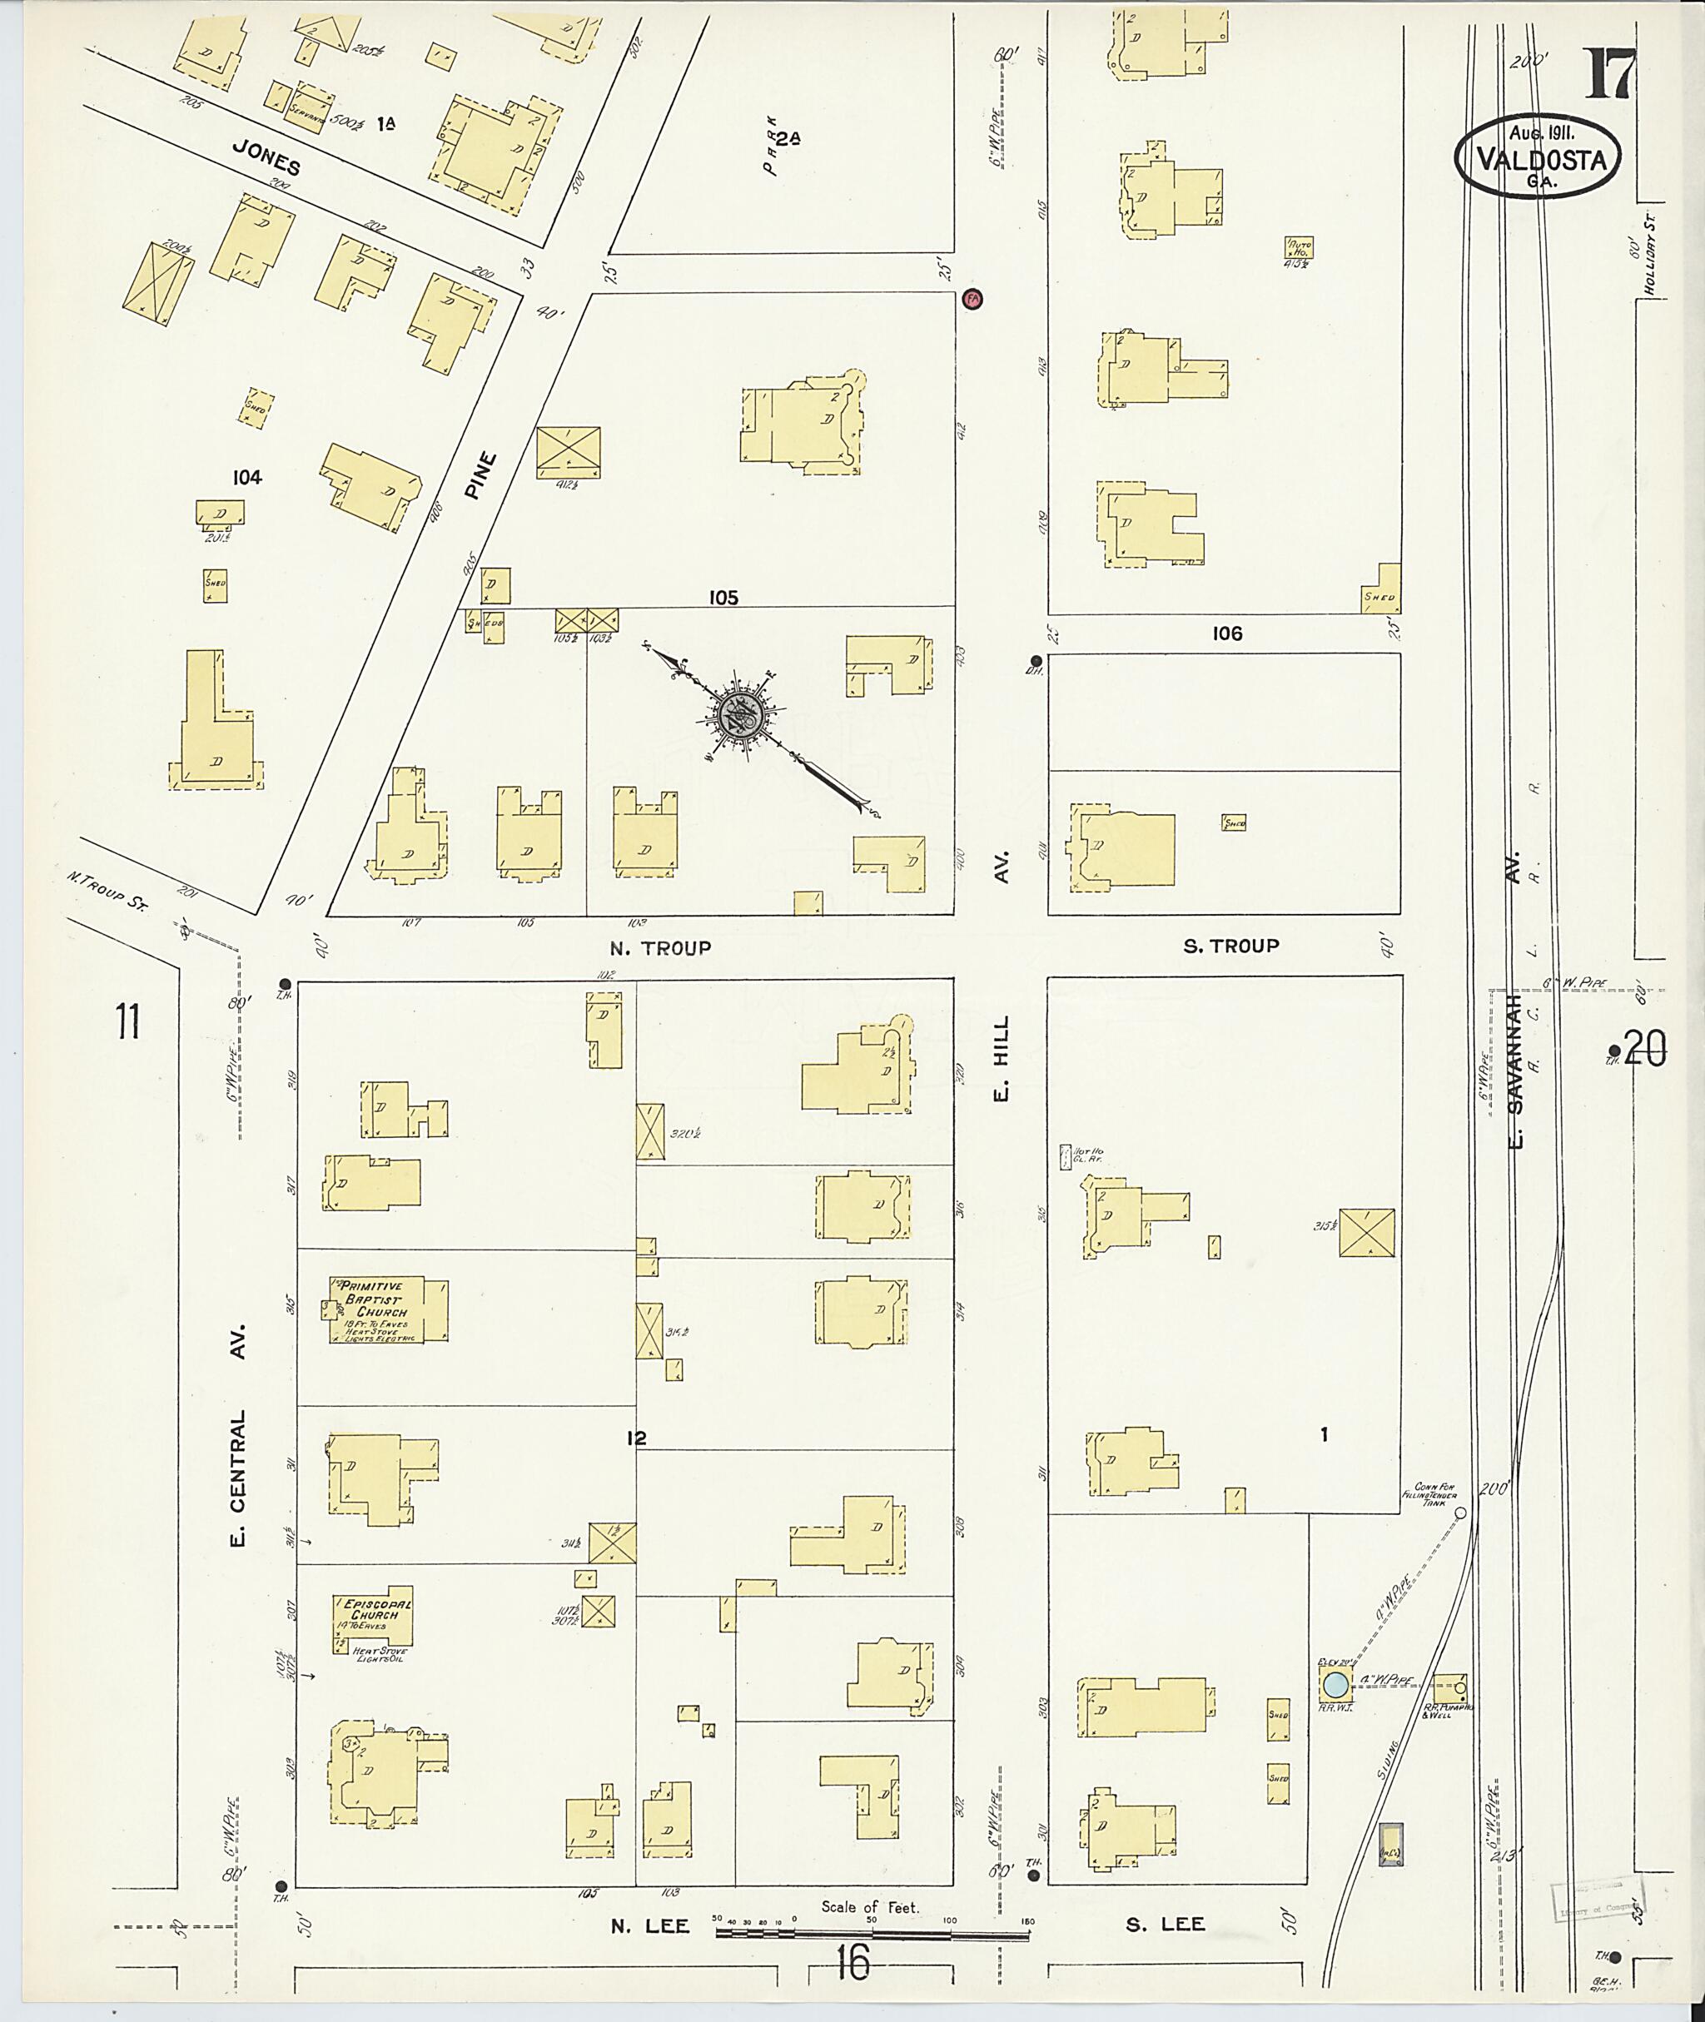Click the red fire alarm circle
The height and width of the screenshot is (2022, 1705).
click(972, 299)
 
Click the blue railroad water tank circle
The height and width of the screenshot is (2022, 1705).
click(1335, 1684)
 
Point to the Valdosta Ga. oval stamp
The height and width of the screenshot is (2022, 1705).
click(1536, 156)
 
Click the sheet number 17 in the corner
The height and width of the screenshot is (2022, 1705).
click(1608, 73)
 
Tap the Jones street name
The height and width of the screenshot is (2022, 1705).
click(266, 156)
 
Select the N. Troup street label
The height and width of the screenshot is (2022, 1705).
click(662, 948)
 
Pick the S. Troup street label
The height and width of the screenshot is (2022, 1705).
click(1230, 946)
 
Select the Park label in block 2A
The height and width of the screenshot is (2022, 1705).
click(770, 152)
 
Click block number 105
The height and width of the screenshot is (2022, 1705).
click(723, 598)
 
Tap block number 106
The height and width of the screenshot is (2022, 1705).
click(1226, 633)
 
